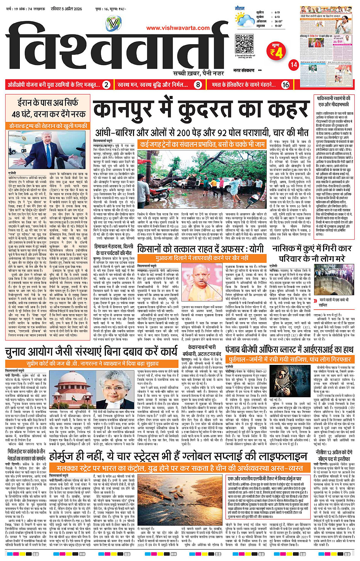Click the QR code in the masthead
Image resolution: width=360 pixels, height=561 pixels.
coord(244,43)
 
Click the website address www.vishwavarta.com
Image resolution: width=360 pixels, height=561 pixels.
coord(178,28)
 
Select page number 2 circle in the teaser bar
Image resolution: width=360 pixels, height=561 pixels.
coord(106,85)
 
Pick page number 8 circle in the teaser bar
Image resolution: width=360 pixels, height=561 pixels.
coord(198,85)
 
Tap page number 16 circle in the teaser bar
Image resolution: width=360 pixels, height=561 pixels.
coord(285,85)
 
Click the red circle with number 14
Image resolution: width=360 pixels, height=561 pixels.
coord(294,65)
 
